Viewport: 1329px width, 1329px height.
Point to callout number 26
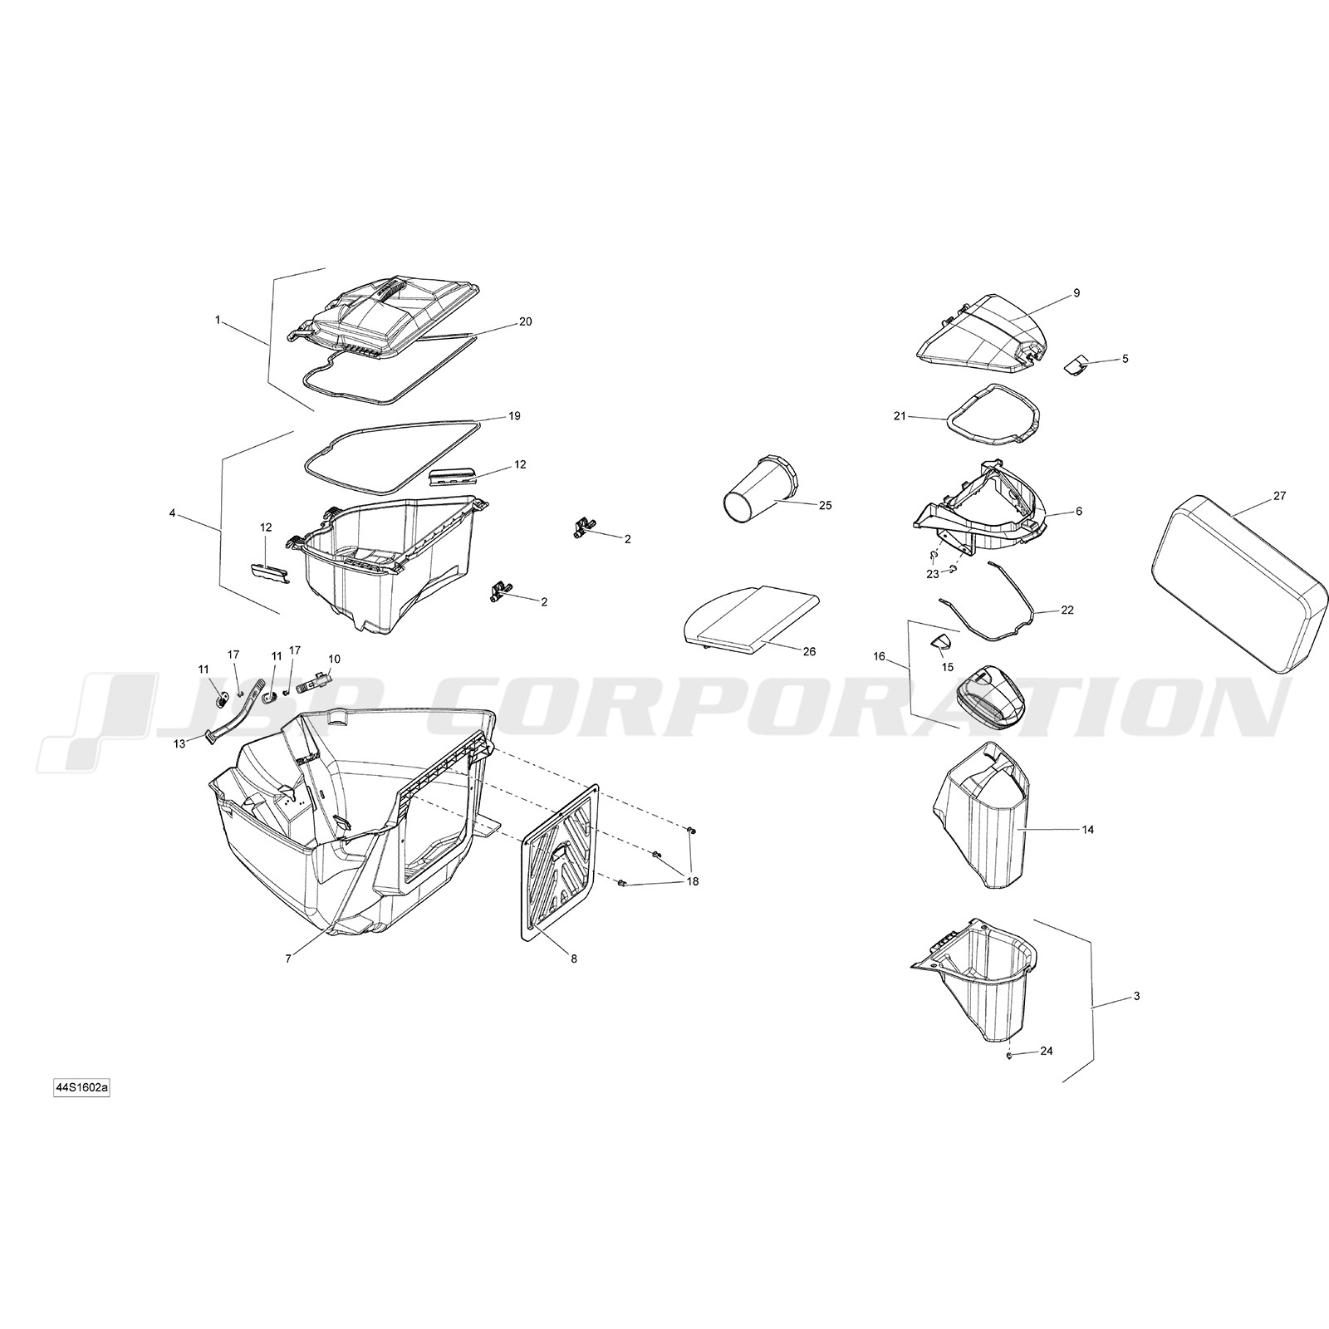809,652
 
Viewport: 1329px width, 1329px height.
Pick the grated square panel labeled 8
560,863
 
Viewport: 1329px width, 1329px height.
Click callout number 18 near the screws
692,882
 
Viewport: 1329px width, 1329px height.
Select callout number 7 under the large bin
287,959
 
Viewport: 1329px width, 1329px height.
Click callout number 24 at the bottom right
1047,1051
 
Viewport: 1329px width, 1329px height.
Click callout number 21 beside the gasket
900,416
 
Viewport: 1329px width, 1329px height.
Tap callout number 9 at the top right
1076,293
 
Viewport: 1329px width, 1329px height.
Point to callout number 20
525,321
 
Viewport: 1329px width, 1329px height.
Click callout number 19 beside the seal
514,416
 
